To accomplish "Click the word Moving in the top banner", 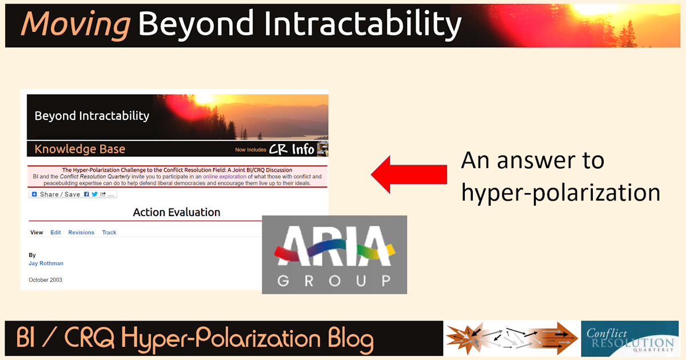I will click(x=74, y=24).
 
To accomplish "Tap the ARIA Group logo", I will click(x=334, y=255).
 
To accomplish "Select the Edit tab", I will click(x=55, y=233).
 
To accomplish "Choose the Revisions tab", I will click(x=81, y=233).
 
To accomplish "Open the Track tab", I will click(x=109, y=233).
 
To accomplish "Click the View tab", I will click(x=37, y=233).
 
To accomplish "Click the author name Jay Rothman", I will click(x=46, y=263).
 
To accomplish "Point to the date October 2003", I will click(x=46, y=280).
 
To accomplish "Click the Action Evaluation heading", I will click(x=177, y=213).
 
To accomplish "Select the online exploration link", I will click(x=225, y=177).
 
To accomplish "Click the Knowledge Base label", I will click(x=79, y=149).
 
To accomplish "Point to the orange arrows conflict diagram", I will click(x=512, y=339).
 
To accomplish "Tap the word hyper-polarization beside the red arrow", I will click(x=561, y=193).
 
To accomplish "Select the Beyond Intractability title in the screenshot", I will click(x=91, y=116).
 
